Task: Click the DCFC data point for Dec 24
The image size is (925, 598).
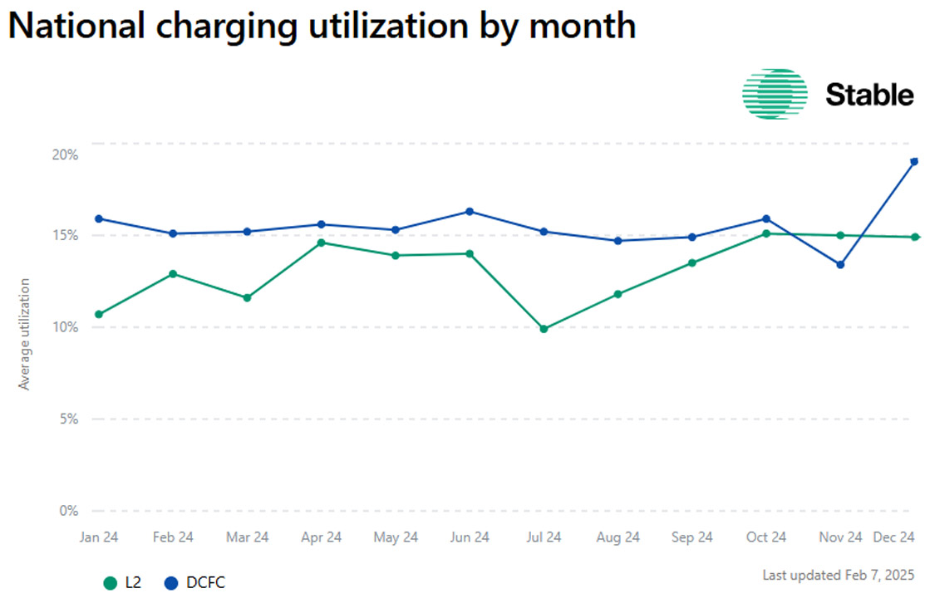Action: point(914,161)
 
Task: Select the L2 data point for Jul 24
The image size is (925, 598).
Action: point(544,329)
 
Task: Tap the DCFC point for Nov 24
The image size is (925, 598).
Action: point(840,265)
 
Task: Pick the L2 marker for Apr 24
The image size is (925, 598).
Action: point(322,243)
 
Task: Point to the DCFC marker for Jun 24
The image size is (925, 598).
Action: point(470,211)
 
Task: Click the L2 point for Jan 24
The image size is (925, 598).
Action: point(99,314)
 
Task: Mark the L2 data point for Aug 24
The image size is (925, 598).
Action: point(617,294)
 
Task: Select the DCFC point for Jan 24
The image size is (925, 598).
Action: point(99,218)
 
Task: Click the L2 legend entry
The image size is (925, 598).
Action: point(123,583)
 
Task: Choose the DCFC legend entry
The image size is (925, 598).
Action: point(194,583)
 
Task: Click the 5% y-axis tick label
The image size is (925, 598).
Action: point(69,419)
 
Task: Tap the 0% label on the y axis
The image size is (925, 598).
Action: point(69,511)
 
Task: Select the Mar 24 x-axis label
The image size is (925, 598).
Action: point(248,538)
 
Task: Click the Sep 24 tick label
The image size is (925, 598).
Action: point(691,538)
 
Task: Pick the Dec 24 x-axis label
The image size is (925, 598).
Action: point(894,538)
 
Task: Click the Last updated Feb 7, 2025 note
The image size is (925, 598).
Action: point(838,575)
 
